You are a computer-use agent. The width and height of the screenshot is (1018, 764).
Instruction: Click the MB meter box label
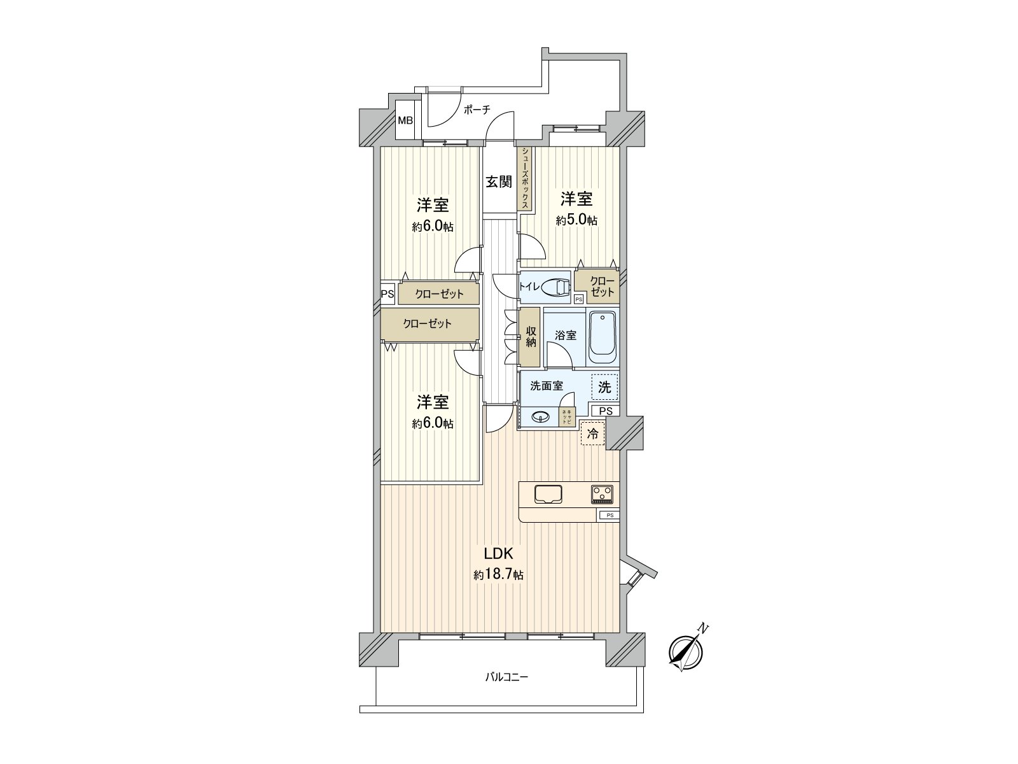[x=405, y=120]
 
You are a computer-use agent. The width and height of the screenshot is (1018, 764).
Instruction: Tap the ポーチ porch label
[x=477, y=110]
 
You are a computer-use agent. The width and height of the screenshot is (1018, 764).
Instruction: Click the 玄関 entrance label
[x=499, y=182]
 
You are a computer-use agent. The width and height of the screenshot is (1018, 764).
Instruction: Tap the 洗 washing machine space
[x=605, y=386]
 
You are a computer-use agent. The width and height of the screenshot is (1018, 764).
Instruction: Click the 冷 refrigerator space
[x=592, y=434]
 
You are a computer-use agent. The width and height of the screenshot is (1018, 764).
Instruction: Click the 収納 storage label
[x=530, y=336]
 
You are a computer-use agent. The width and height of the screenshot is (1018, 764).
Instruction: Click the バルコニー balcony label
[x=506, y=677]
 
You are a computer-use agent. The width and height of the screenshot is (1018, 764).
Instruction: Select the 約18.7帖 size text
[x=498, y=575]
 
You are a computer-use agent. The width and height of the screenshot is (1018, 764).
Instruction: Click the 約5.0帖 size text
[x=576, y=220]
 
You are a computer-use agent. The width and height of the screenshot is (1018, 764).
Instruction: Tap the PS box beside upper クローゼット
[x=387, y=294]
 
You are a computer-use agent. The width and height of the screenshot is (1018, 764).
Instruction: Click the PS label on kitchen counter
[x=609, y=515]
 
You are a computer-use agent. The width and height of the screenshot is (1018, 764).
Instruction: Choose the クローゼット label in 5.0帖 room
[x=602, y=286]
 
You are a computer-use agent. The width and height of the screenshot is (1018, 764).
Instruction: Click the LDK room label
[x=499, y=553]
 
